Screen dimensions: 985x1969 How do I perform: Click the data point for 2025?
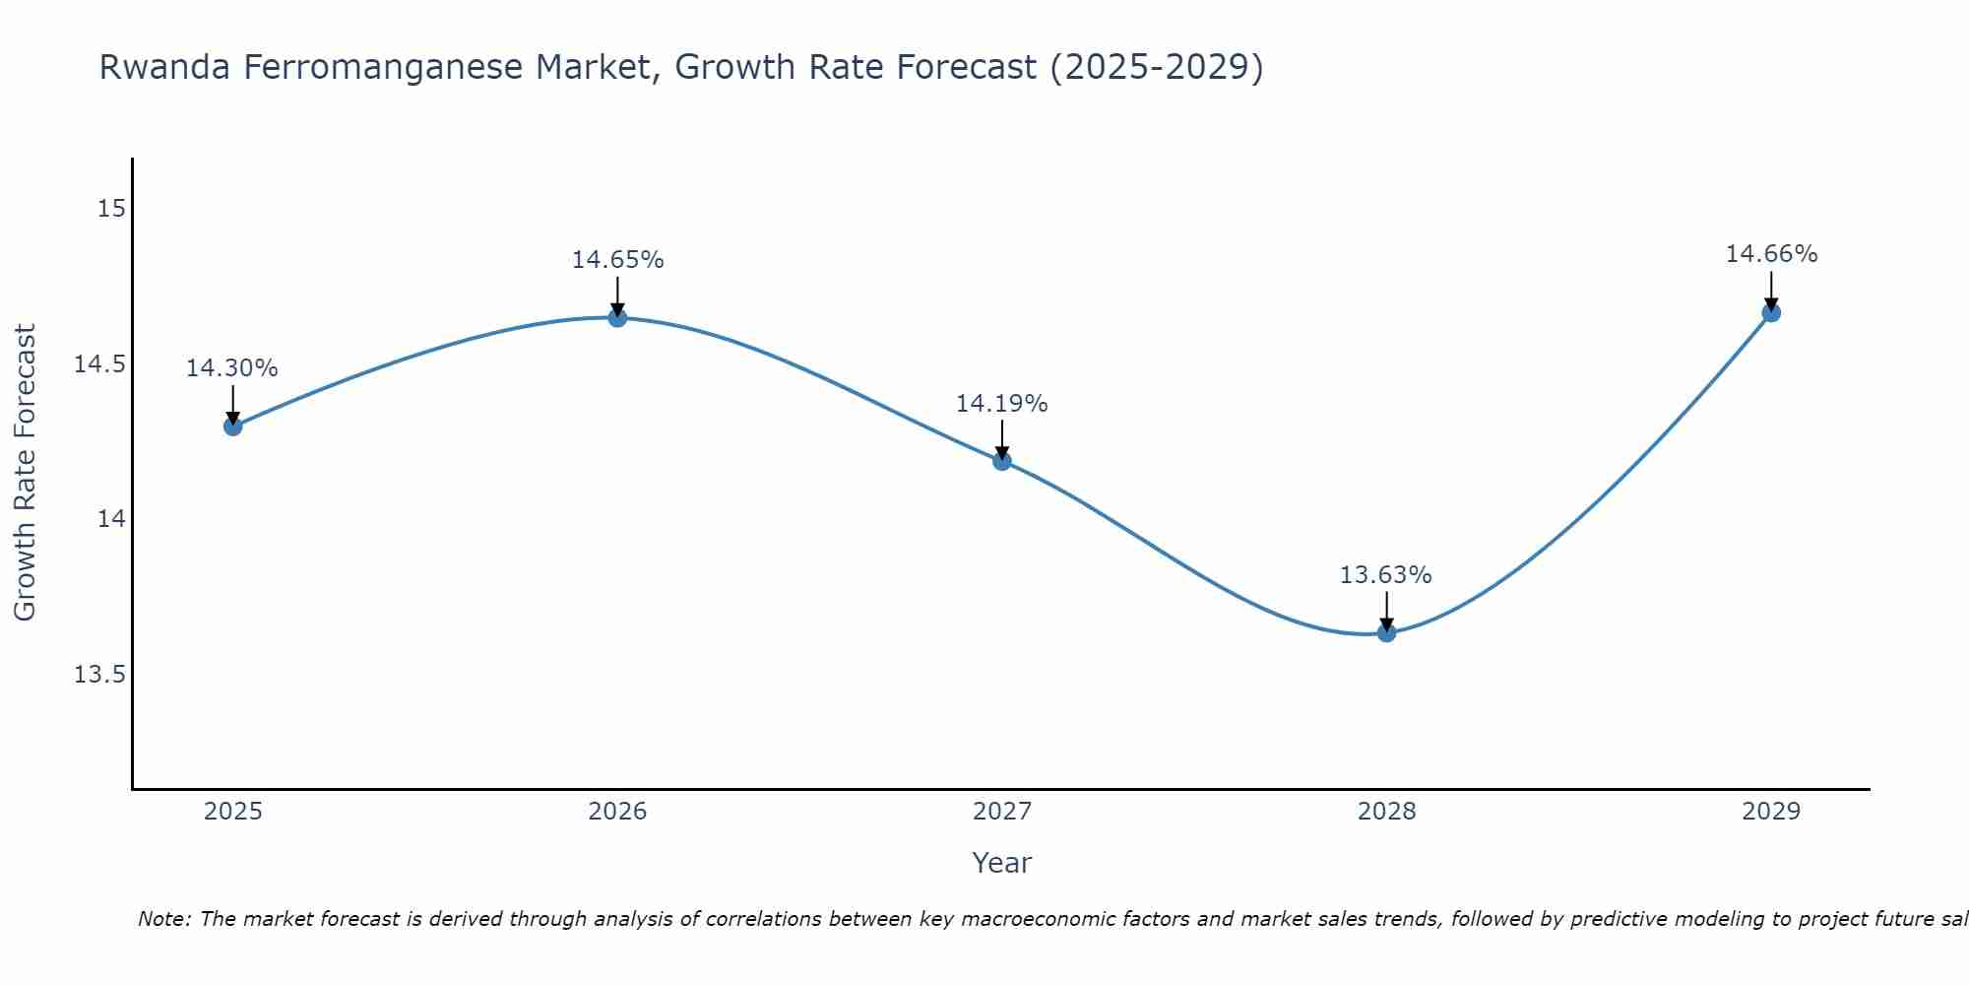(233, 427)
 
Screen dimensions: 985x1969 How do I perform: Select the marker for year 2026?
(617, 317)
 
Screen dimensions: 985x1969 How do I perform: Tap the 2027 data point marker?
(1002, 460)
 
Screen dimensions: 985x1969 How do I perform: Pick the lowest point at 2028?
(1386, 632)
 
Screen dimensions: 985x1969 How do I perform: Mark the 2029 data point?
(1771, 313)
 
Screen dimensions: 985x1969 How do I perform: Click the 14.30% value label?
(232, 368)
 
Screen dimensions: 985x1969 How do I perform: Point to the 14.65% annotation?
(617, 260)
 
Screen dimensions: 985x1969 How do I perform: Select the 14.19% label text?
(1001, 404)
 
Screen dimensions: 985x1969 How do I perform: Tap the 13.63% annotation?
(1385, 575)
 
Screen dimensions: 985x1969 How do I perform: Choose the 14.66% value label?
(1771, 254)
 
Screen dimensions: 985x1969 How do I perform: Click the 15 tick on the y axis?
(111, 209)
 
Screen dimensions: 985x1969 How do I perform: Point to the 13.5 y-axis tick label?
(100, 675)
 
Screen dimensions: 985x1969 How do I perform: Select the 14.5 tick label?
(100, 364)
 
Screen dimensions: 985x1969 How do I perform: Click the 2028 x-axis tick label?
(1386, 812)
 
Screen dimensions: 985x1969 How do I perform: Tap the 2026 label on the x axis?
(617, 812)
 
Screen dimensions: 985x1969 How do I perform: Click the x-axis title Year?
(1001, 863)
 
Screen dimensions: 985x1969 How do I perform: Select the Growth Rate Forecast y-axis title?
(25, 473)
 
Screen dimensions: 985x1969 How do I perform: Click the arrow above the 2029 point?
(1771, 291)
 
